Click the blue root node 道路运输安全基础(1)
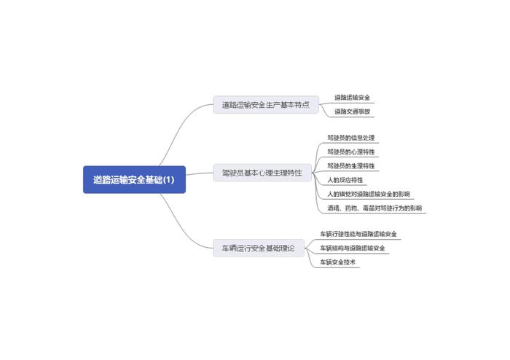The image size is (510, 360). (x=134, y=179)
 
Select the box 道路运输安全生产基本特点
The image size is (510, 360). (x=266, y=105)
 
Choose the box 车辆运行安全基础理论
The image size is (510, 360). (x=259, y=248)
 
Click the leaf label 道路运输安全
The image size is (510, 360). (x=353, y=97)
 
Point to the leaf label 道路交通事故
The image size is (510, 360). (x=353, y=111)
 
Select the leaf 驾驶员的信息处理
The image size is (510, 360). (x=352, y=138)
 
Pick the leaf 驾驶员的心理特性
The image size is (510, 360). (x=352, y=152)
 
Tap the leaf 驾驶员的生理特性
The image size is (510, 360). (x=352, y=165)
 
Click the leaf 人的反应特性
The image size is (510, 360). (x=345, y=179)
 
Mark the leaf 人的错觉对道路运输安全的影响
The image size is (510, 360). (x=369, y=194)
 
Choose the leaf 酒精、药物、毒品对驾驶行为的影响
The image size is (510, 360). (x=374, y=208)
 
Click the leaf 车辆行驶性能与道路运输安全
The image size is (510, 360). (x=358, y=234)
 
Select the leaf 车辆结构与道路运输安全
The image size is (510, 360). (x=353, y=248)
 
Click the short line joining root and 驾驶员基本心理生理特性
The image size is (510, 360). (x=200, y=175)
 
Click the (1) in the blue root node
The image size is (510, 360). (x=168, y=179)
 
